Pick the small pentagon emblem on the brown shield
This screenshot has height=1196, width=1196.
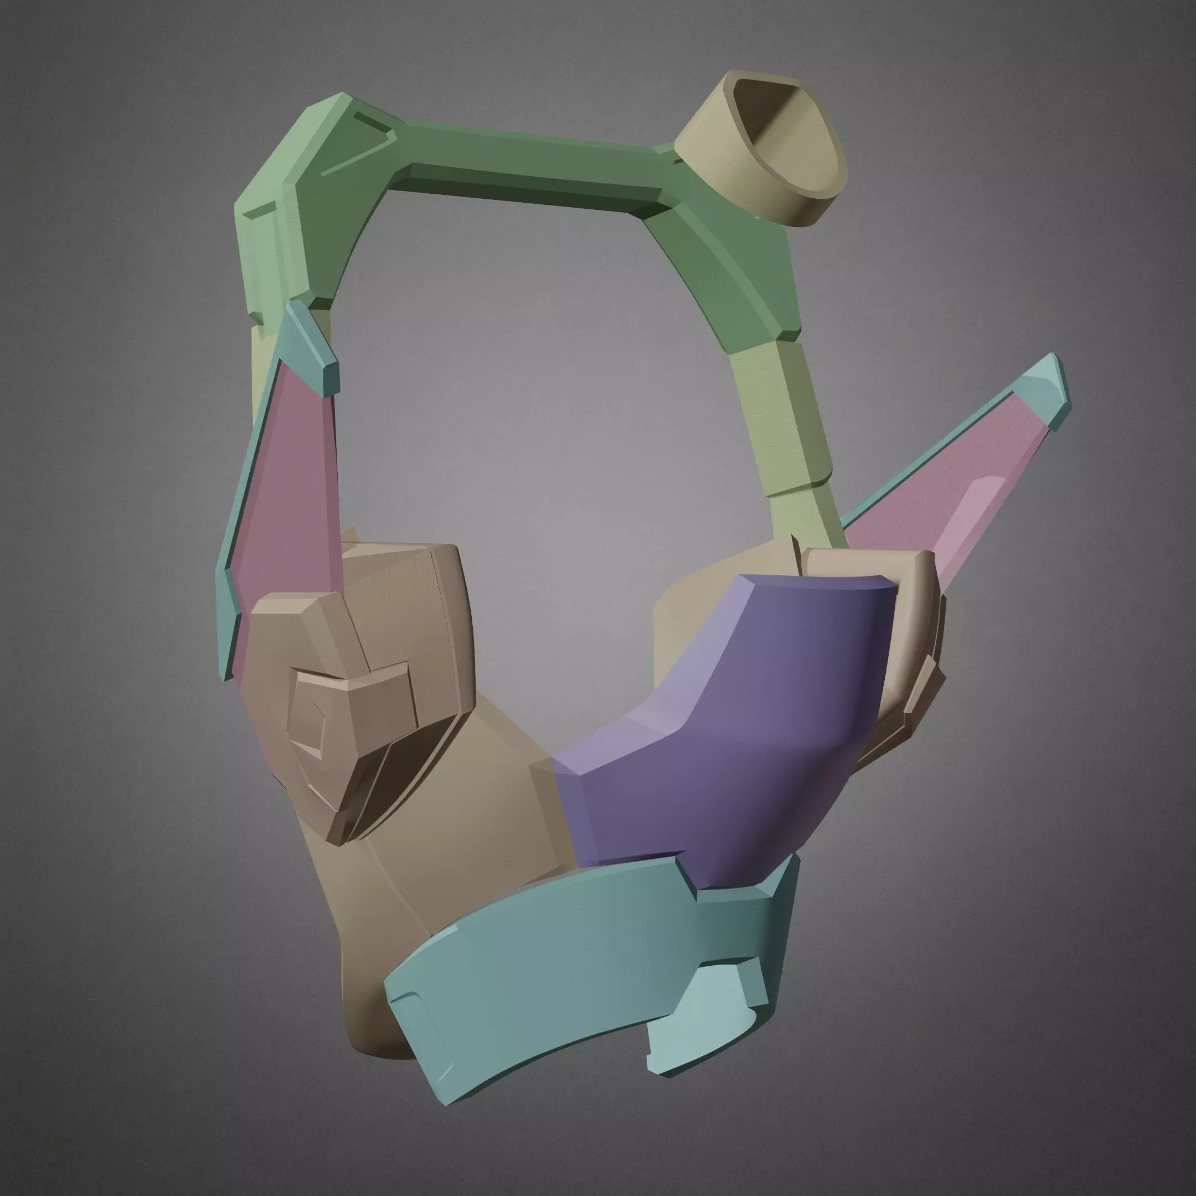310,730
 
